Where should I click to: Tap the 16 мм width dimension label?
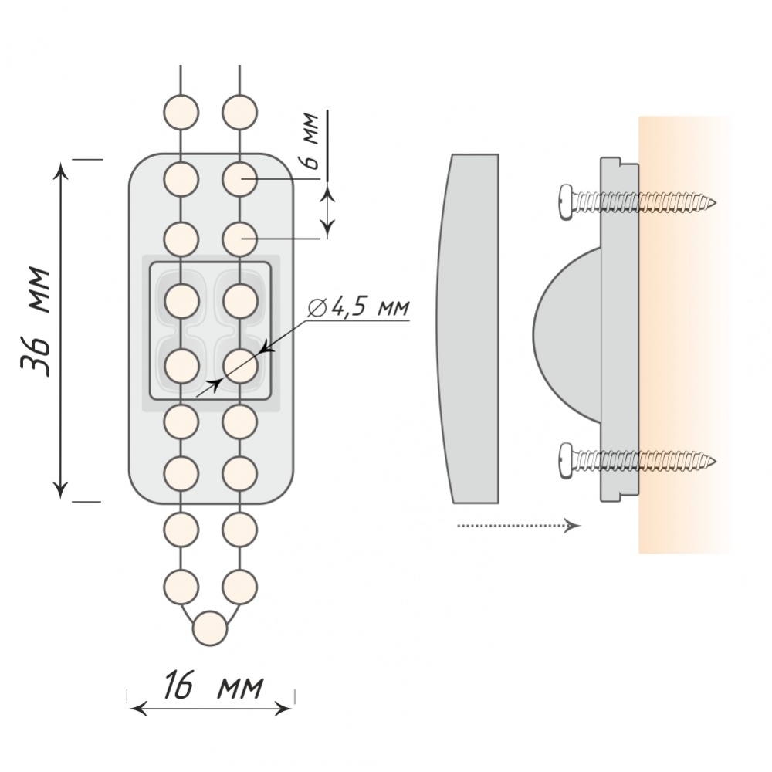212,685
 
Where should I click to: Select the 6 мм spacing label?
309,141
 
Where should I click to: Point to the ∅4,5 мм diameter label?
360,306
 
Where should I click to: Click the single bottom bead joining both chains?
210,628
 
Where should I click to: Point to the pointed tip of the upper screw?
714,204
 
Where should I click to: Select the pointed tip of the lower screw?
714,462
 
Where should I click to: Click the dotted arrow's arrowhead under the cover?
573,526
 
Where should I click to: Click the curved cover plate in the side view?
467,328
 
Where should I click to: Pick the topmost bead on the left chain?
181,110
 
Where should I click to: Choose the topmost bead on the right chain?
239,110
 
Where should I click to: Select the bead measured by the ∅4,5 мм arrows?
239,365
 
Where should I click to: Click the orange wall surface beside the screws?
679,332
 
